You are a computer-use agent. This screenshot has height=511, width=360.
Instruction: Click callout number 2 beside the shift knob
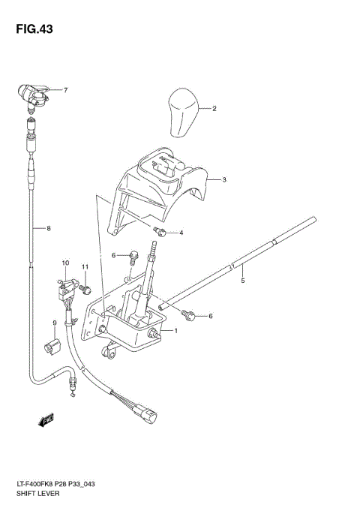tap(214, 109)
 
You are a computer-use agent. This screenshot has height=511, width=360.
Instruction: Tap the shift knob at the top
tap(182, 112)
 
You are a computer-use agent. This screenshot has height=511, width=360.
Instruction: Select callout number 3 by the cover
tap(224, 180)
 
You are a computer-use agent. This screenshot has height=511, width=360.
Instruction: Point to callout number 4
tap(181, 233)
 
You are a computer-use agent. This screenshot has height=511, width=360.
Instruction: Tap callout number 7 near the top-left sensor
tap(65, 91)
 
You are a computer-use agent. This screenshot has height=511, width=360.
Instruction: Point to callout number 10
tap(65, 263)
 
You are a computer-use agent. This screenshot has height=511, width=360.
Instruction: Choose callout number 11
tap(85, 267)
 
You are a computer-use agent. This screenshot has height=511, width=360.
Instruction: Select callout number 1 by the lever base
tap(175, 331)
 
